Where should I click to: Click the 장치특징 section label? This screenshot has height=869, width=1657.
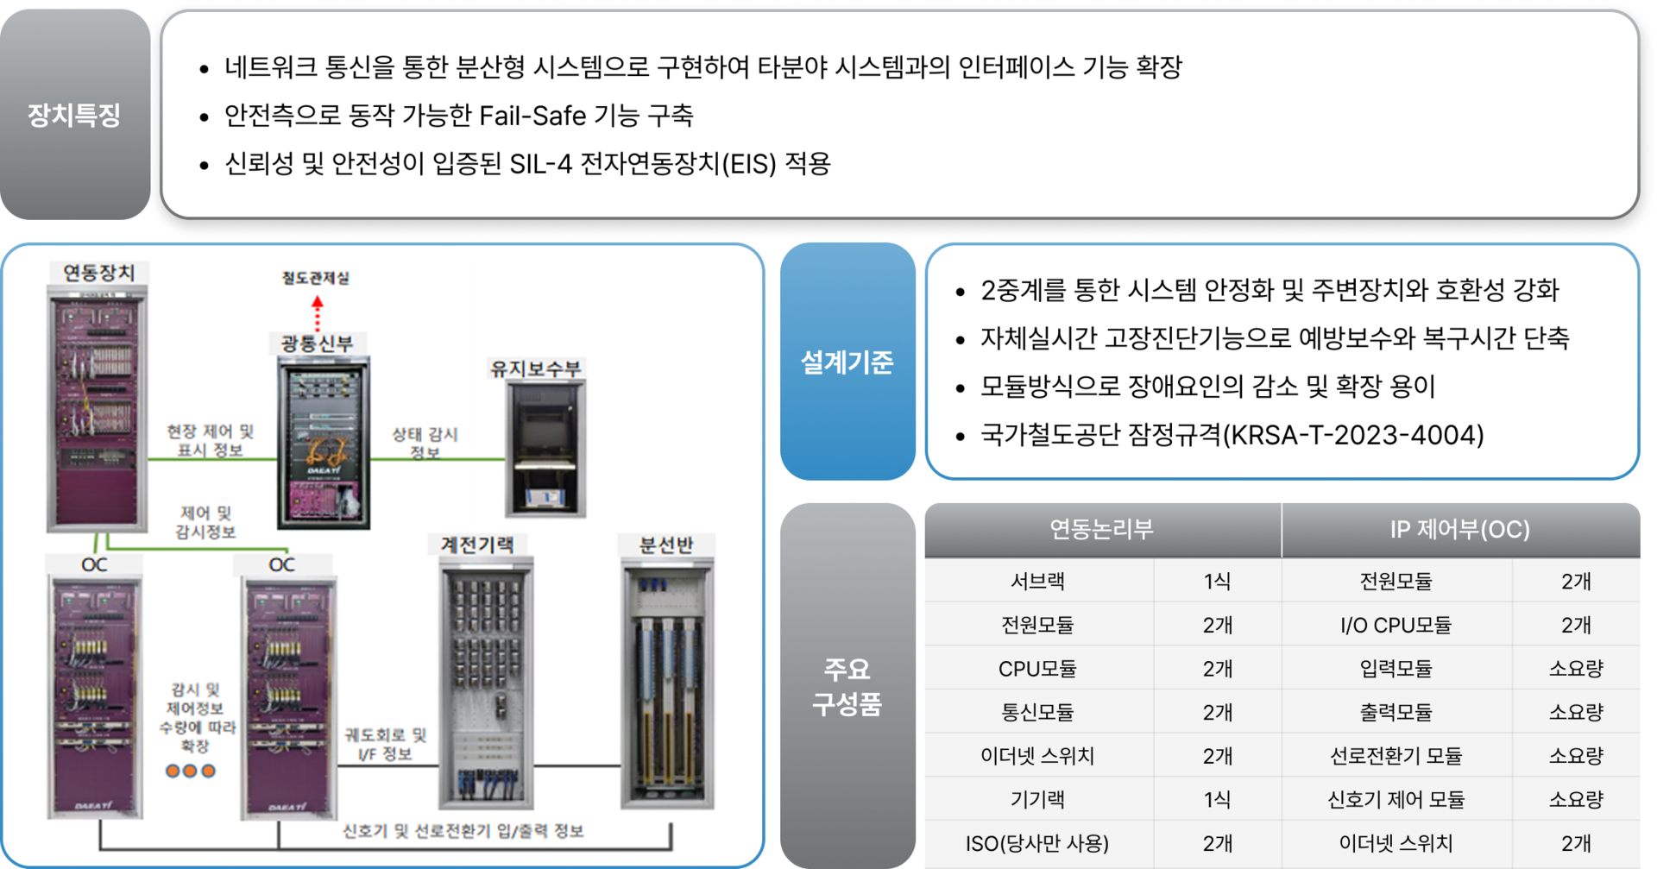(x=74, y=115)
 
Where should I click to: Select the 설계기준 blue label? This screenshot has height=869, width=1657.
(x=847, y=362)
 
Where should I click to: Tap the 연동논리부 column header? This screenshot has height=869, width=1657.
(x=1101, y=529)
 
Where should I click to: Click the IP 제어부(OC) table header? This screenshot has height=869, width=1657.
(x=1459, y=529)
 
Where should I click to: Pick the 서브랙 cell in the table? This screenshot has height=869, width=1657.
(x=1037, y=581)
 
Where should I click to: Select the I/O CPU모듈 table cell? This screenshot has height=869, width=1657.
(x=1396, y=625)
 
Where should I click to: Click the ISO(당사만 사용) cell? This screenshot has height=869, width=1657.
(x=1037, y=843)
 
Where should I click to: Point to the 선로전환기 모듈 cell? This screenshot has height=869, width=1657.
(x=1396, y=756)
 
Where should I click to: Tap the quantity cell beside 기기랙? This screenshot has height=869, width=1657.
(x=1217, y=800)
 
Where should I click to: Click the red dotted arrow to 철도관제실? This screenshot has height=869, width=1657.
(x=318, y=313)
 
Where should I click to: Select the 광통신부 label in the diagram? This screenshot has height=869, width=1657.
(x=318, y=343)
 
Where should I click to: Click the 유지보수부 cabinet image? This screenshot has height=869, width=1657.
(x=545, y=449)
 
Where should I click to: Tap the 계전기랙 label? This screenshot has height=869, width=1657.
(x=477, y=545)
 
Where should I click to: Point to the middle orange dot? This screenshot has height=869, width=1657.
(x=190, y=771)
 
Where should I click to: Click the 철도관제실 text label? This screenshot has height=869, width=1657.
(x=316, y=278)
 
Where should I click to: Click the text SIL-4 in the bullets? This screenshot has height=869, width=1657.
(x=540, y=164)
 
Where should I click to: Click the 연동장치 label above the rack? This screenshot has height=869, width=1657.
(x=99, y=273)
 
